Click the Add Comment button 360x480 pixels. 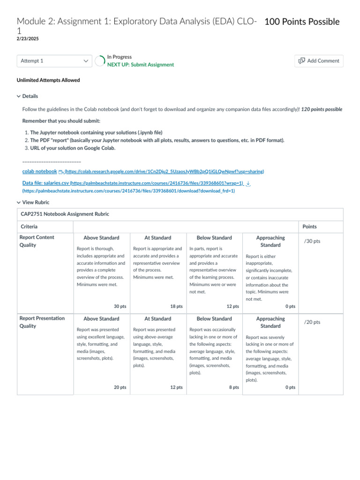click(319, 61)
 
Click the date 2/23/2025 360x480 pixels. click(28, 38)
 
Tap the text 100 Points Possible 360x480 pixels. click(302, 22)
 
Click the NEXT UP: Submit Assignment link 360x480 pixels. click(140, 65)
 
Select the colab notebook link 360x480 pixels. click(40, 172)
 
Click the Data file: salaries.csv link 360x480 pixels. click(46, 183)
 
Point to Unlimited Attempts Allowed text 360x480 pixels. click(48, 80)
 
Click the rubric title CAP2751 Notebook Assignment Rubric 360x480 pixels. click(65, 214)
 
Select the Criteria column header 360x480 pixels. click(30, 226)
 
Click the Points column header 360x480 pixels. click(309, 226)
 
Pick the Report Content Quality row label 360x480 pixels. click(37, 241)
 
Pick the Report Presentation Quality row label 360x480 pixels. click(42, 322)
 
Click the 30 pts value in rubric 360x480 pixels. click(120, 306)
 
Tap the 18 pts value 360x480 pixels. click(176, 306)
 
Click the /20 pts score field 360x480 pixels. click(312, 322)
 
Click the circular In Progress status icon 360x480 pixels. click(100, 61)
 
